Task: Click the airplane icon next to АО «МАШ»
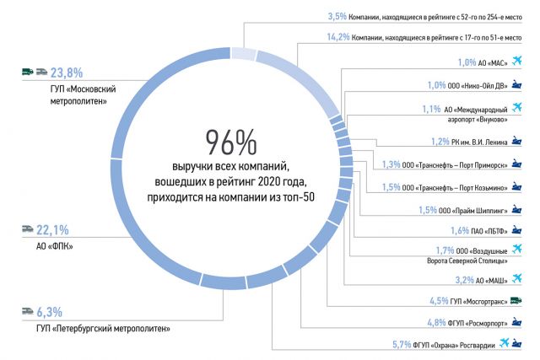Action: [x=516, y=277]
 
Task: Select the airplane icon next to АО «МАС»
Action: [x=516, y=61]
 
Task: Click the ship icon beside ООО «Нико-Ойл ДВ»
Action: [x=516, y=84]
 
